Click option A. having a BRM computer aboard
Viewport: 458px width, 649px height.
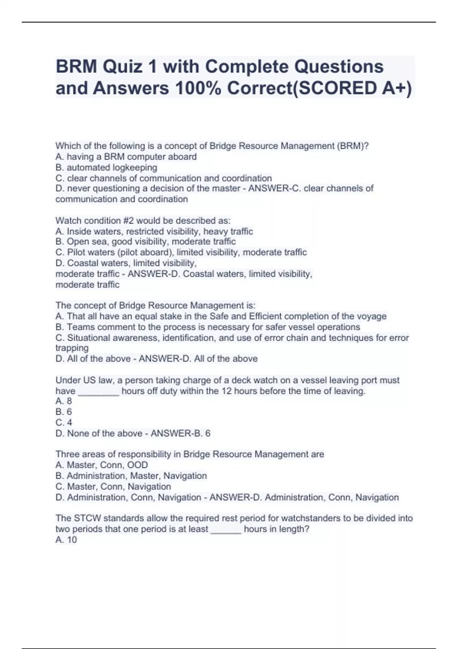(x=126, y=157)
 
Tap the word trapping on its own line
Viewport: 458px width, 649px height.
(x=72, y=348)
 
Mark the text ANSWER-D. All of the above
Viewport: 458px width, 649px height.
(x=198, y=359)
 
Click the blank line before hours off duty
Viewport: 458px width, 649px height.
(x=98, y=392)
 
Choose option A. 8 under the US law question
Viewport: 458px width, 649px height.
(x=64, y=401)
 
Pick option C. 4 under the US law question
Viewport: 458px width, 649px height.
(x=64, y=423)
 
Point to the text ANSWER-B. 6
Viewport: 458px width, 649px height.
(x=181, y=434)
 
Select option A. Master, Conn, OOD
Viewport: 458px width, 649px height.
(x=102, y=465)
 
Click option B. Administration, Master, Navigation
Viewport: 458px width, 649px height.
(x=131, y=476)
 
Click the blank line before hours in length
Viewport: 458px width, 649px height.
(x=226, y=530)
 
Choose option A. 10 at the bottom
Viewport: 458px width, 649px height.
(x=66, y=540)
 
